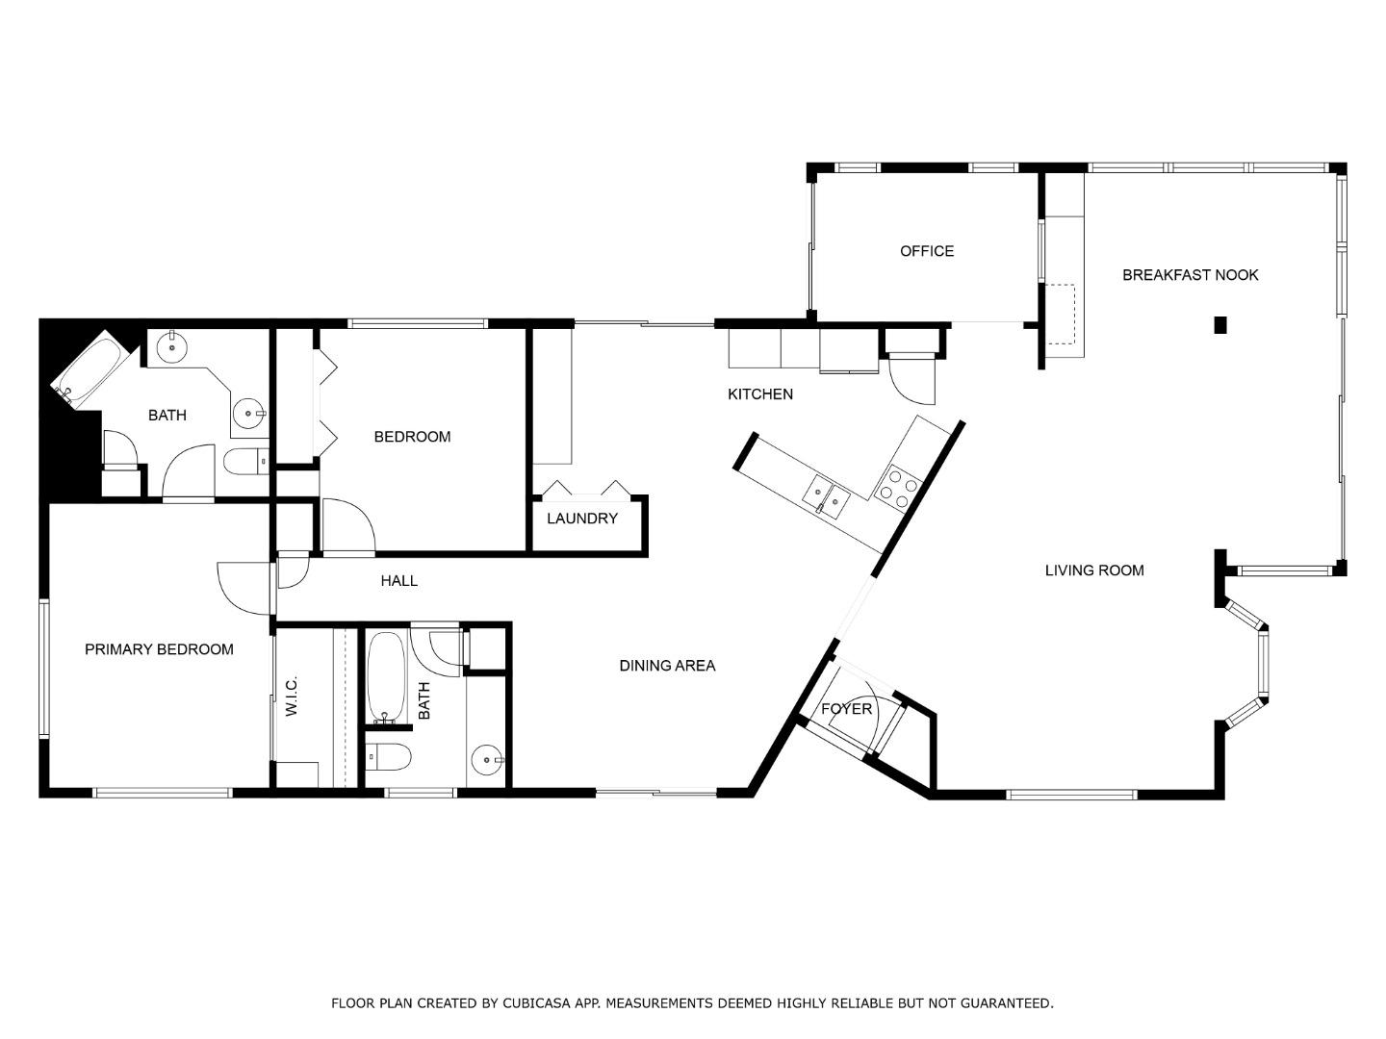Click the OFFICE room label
(926, 251)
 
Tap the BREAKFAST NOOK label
(1190, 275)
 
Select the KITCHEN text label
(759, 394)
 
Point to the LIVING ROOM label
(1094, 570)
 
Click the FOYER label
(846, 709)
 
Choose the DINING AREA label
(666, 666)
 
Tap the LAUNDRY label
(581, 519)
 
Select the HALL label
(398, 581)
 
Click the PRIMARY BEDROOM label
(159, 649)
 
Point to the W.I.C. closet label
(292, 697)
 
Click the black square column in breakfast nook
(1219, 325)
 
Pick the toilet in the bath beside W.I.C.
(389, 758)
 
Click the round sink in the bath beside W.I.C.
(489, 760)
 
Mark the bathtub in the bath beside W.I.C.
(387, 677)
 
